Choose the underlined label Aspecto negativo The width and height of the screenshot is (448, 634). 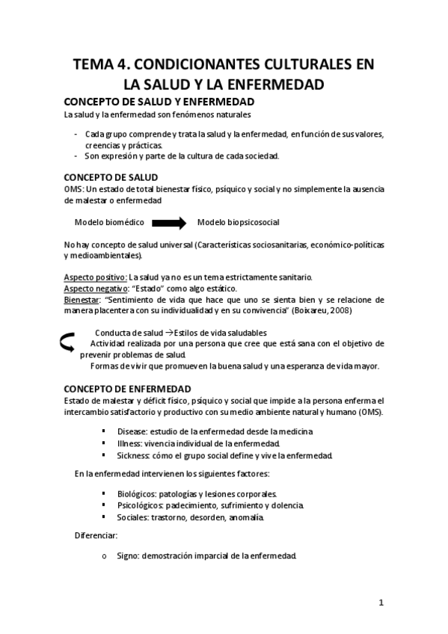pyautogui.click(x=96, y=289)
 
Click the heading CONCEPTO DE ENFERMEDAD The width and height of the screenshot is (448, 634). pyautogui.click(x=127, y=389)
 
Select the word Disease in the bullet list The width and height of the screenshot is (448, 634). pyautogui.click(x=132, y=431)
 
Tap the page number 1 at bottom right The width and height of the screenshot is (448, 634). pyautogui.click(x=381, y=603)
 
